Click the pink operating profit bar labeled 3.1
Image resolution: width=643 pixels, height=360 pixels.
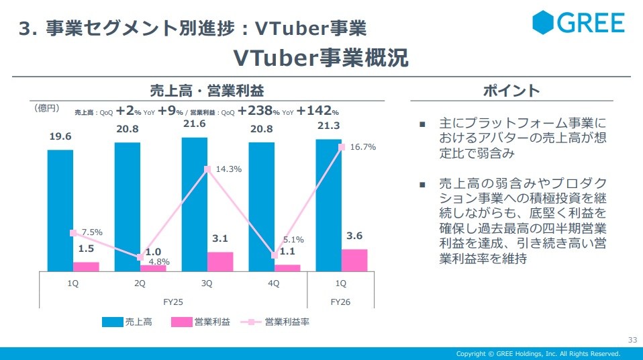[220, 261]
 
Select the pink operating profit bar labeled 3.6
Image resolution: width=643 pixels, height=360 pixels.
[354, 260]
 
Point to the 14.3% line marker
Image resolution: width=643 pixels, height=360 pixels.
[208, 169]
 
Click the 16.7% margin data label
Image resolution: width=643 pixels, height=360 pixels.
[362, 147]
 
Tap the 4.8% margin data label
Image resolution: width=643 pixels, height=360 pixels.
[160, 262]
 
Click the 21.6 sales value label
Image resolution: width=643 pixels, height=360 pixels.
[194, 124]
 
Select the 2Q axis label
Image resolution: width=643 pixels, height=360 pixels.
[140, 283]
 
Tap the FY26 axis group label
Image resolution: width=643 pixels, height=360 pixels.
[340, 302]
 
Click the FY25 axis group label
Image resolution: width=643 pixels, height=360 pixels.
[173, 302]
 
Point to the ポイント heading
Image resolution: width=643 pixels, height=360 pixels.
[511, 91]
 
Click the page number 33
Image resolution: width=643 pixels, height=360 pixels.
[632, 339]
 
